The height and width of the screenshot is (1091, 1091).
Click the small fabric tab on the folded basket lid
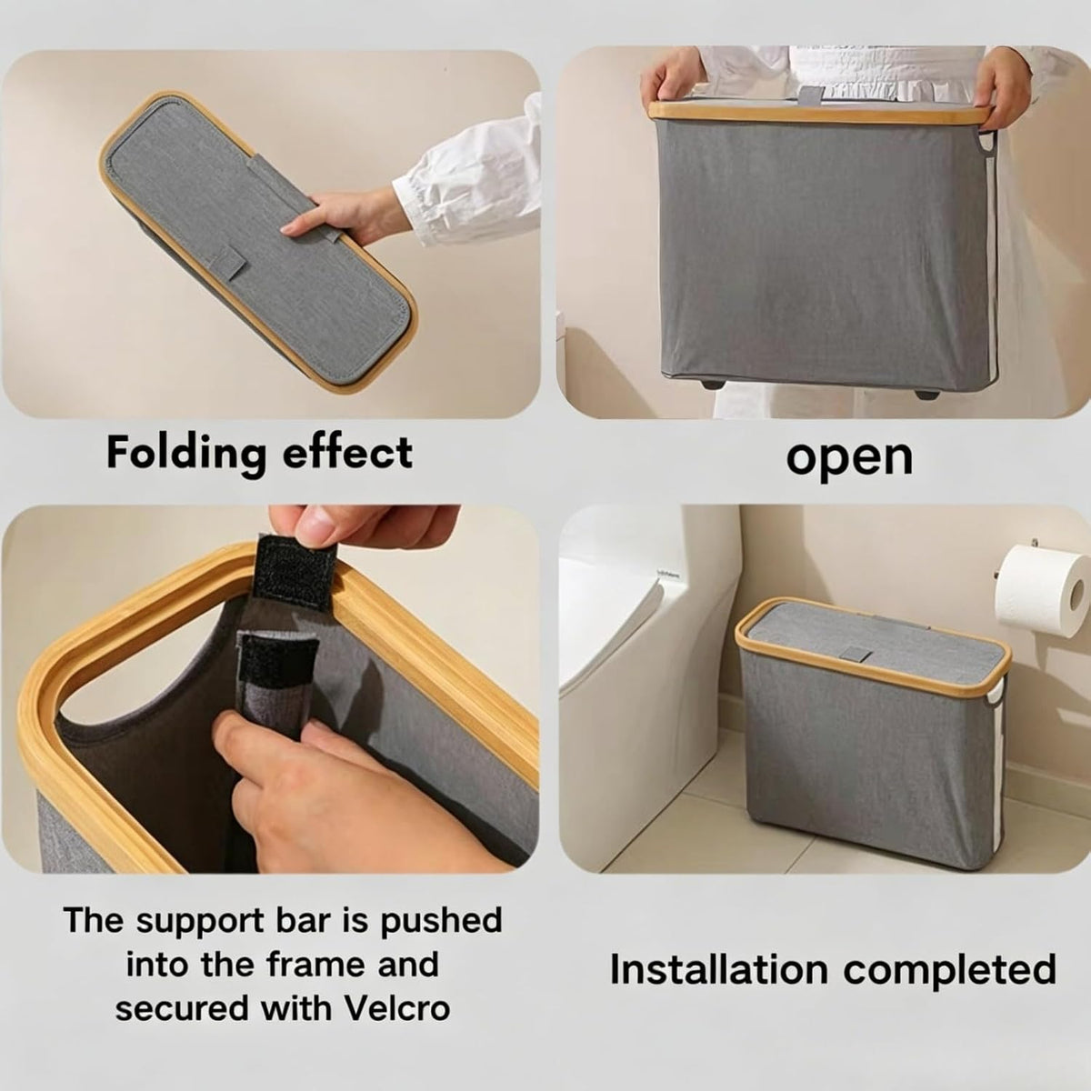[229, 260]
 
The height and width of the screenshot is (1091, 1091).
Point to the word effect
[347, 454]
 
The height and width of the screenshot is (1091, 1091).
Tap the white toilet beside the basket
[645, 668]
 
